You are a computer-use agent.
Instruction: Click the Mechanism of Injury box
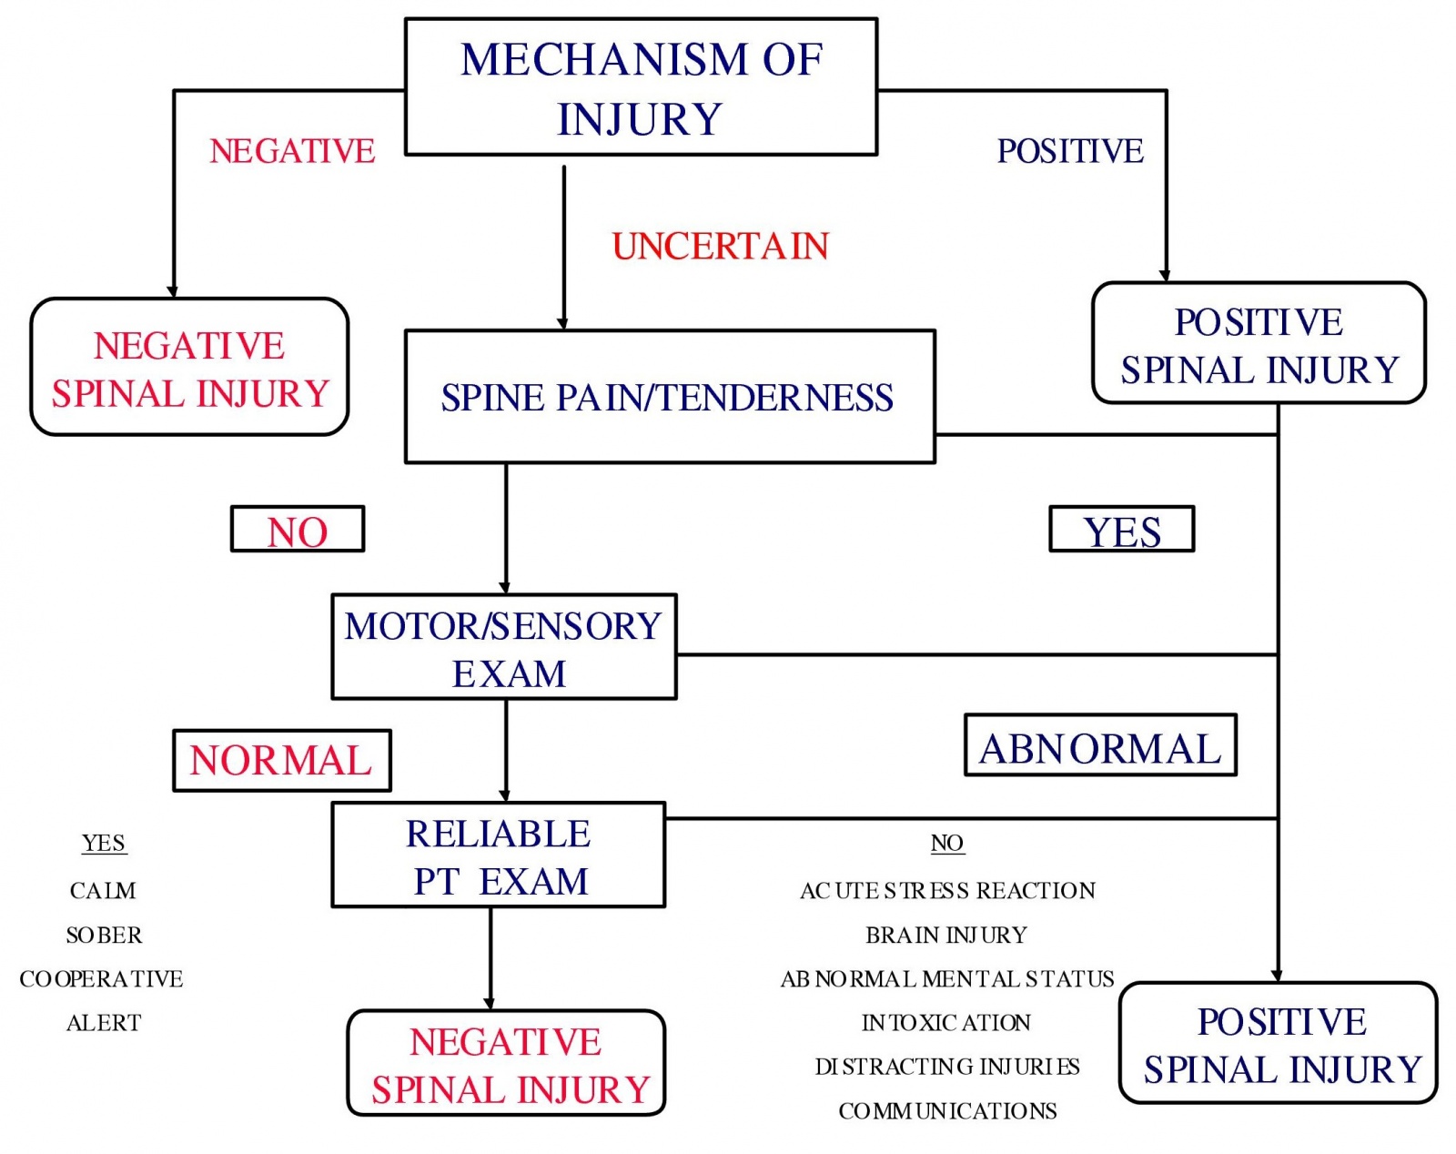641,87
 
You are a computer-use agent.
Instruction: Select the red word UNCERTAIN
720,247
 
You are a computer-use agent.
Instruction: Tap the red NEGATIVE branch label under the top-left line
292,151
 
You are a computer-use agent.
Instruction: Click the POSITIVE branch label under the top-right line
1070,151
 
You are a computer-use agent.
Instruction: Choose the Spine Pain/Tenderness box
669,398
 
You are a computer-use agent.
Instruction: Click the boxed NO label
298,531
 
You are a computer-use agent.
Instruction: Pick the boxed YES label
1121,531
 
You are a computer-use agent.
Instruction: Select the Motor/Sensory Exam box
504,648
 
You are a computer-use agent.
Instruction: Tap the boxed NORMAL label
281,761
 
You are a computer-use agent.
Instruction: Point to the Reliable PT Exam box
499,855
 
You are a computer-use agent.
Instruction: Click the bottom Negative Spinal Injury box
507,1064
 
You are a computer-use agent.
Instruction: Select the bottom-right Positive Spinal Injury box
1279,1044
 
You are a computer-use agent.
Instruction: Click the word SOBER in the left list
104,936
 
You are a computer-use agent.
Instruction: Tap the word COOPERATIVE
101,979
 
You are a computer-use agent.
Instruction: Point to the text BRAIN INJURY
946,936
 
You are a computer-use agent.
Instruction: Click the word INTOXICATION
946,1023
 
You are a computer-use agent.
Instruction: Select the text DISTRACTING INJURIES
946,1067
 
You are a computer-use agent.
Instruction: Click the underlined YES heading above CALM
104,844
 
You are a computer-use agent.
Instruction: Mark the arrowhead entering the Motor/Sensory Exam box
505,588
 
